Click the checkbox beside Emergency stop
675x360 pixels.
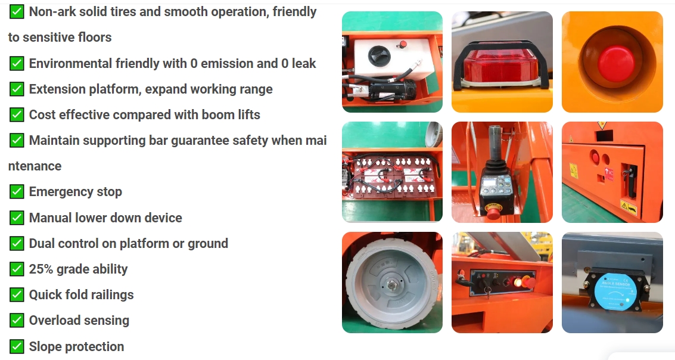pyautogui.click(x=16, y=192)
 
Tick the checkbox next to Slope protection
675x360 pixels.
pyautogui.click(x=16, y=347)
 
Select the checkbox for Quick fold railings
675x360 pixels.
pyautogui.click(x=16, y=295)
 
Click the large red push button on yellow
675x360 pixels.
pyautogui.click(x=616, y=63)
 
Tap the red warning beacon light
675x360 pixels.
pyautogui.click(x=502, y=64)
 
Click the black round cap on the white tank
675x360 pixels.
pyautogui.click(x=379, y=55)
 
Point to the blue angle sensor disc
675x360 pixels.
pyautogui.click(x=615, y=290)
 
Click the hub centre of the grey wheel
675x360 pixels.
pyautogui.click(x=392, y=284)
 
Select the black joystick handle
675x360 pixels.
pyautogui.click(x=495, y=151)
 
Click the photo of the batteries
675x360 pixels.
pyautogui.click(x=392, y=172)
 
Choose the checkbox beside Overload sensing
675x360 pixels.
pyautogui.click(x=16, y=321)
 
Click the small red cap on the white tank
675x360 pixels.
pyautogui.click(x=403, y=44)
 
